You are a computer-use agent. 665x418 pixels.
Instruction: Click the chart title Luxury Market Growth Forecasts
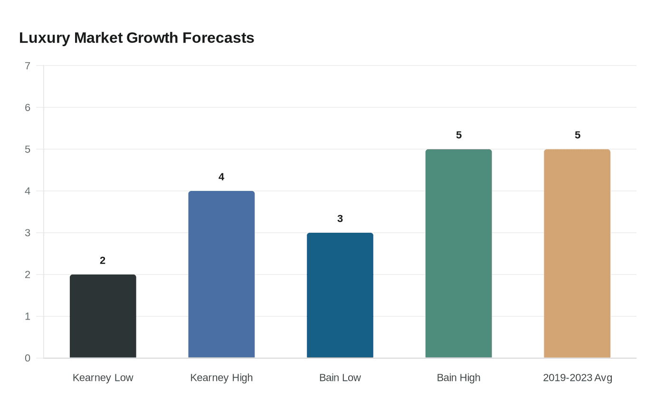[136, 38]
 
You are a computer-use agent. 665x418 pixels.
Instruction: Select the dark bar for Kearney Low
[103, 316]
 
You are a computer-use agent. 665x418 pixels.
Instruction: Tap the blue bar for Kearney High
[221, 274]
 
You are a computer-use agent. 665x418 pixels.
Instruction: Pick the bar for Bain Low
[340, 295]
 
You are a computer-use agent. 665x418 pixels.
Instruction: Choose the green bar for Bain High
[458, 253]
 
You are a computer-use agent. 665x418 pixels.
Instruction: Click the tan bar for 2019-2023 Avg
[577, 253]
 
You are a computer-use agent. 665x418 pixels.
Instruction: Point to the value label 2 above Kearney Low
[103, 260]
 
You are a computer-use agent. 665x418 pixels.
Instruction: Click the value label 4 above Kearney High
[221, 177]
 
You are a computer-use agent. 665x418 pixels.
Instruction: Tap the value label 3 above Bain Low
[340, 218]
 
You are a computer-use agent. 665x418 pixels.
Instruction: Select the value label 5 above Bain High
[458, 135]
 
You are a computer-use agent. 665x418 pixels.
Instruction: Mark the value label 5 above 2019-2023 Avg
[577, 135]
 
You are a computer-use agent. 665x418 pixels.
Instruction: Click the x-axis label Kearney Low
[103, 378]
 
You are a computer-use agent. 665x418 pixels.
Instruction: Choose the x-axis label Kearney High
[221, 378]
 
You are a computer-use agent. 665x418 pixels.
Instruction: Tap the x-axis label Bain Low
[340, 378]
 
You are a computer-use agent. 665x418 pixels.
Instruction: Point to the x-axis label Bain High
[458, 378]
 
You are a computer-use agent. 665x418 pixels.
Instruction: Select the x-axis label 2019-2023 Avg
[577, 378]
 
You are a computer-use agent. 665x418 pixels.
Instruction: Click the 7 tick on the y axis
[28, 66]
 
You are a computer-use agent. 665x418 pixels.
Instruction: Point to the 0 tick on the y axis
[28, 358]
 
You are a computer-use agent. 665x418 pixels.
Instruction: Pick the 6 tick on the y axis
[28, 108]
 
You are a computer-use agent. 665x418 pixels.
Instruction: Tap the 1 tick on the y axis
[28, 316]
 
